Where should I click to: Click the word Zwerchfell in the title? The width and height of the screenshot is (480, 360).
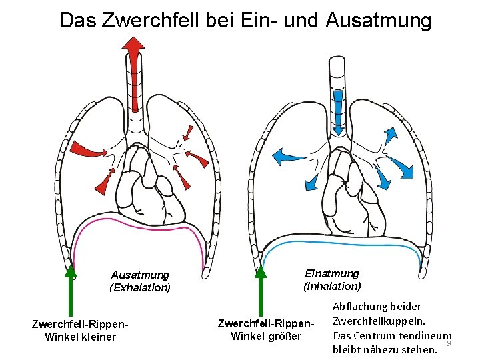coord(139,20)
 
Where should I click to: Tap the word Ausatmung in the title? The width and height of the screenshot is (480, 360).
coord(379,20)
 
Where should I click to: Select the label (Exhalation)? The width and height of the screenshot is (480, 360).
coord(140,288)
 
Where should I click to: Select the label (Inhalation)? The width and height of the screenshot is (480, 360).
coord(332,287)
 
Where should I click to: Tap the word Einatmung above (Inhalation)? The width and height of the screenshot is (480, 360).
coord(332,273)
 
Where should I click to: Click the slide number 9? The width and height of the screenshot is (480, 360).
coord(449,343)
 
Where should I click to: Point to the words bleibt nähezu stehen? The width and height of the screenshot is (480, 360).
coord(385,349)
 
